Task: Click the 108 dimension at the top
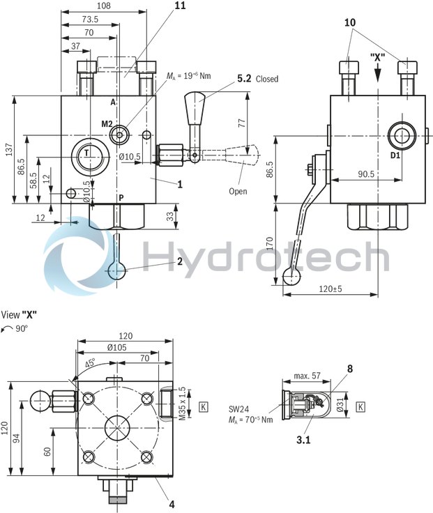(103, 6)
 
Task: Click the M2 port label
(107, 123)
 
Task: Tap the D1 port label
(395, 155)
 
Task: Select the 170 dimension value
(269, 245)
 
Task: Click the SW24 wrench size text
(238, 409)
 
